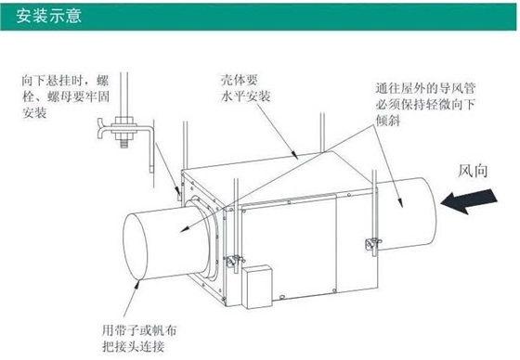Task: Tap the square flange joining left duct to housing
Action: [x=205, y=231]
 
